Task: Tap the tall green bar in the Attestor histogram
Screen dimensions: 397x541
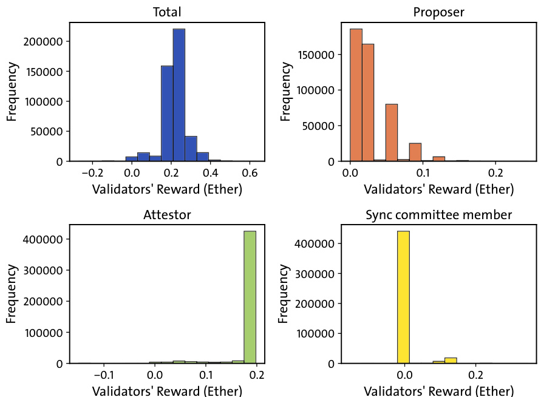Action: tap(250, 297)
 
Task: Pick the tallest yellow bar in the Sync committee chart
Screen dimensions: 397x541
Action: tap(404, 297)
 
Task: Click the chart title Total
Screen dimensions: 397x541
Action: tap(167, 12)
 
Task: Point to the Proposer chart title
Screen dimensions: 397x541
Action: tap(438, 12)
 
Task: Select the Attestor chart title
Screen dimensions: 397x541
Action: tap(167, 214)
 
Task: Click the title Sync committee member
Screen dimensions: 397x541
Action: tap(438, 214)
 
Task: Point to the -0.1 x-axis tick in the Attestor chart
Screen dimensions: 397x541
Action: tap(103, 374)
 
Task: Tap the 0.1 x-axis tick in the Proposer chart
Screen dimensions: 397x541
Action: tap(423, 172)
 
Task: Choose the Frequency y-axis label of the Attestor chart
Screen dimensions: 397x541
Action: tap(12, 294)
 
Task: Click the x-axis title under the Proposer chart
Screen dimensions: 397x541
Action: tap(438, 189)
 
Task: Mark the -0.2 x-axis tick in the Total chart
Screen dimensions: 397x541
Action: tap(92, 172)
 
